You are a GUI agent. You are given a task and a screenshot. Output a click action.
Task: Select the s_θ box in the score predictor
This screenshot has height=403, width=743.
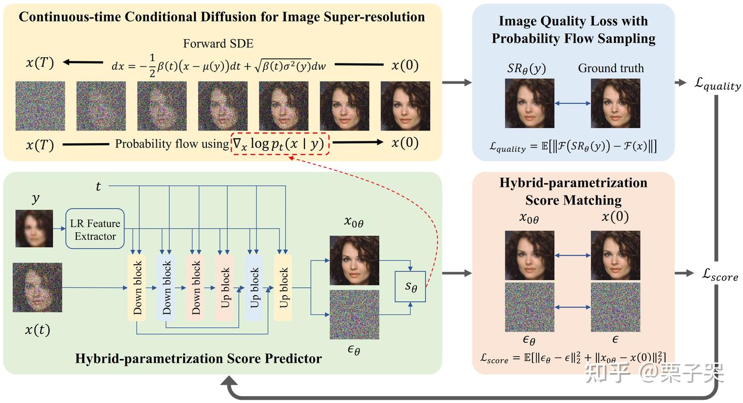pos(410,286)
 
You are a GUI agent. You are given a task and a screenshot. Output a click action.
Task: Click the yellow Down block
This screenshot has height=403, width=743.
pos(137,287)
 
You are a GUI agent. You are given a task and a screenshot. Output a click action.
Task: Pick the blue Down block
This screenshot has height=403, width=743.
pos(167,287)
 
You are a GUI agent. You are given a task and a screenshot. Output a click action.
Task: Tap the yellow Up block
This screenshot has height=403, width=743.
pos(283,287)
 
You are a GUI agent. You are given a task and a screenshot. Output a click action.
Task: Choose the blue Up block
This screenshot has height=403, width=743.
pos(254,287)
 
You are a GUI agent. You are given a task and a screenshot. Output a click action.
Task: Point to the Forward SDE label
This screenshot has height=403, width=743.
pos(218,44)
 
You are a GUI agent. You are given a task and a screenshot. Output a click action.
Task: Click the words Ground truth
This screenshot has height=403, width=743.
pos(610,68)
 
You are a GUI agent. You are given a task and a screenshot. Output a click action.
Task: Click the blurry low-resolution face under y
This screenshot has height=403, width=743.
pos(34,229)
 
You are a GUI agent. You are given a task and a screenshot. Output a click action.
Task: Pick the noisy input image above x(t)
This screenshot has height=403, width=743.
pos(37,287)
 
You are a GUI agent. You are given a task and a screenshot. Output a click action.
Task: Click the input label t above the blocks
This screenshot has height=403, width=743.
pos(98,187)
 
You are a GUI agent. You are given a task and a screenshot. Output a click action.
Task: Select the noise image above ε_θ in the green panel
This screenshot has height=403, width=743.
pos(354,315)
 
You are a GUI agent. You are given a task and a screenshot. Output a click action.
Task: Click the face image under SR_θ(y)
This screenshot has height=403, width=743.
pos(529,103)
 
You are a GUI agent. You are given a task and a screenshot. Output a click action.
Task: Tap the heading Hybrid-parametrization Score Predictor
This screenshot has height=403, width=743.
pos(198,358)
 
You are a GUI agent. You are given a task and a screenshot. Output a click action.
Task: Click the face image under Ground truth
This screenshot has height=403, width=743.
pos(615,103)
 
